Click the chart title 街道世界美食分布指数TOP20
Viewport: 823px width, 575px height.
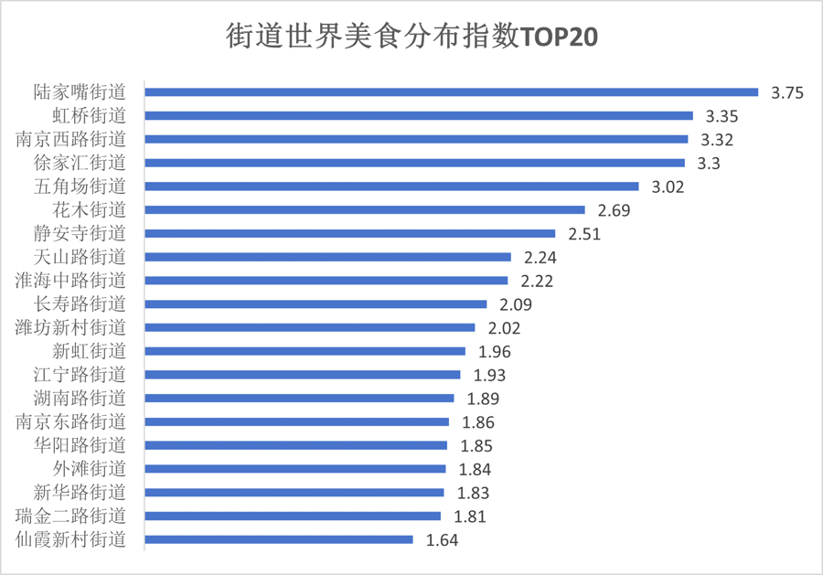tap(411, 38)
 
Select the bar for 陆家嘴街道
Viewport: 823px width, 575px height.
tap(452, 91)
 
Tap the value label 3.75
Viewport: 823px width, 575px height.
tap(787, 92)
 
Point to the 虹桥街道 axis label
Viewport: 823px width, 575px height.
tap(89, 115)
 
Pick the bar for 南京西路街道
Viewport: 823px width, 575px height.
tap(416, 139)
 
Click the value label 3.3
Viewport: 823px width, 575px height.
tap(710, 164)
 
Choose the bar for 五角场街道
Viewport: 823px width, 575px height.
tap(391, 186)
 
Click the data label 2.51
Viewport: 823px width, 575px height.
tap(584, 234)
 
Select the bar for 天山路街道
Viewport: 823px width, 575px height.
tap(327, 257)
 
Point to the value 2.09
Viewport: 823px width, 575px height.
tap(516, 304)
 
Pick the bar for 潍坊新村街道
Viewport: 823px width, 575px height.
tap(310, 327)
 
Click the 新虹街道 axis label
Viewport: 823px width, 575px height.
tap(89, 351)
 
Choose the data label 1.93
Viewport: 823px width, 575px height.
tap(489, 376)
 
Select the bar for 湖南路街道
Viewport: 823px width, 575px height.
tap(299, 398)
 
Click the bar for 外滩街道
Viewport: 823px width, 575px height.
tap(295, 469)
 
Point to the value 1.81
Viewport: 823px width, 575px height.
tap(469, 516)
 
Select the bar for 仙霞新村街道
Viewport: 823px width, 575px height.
tap(279, 539)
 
